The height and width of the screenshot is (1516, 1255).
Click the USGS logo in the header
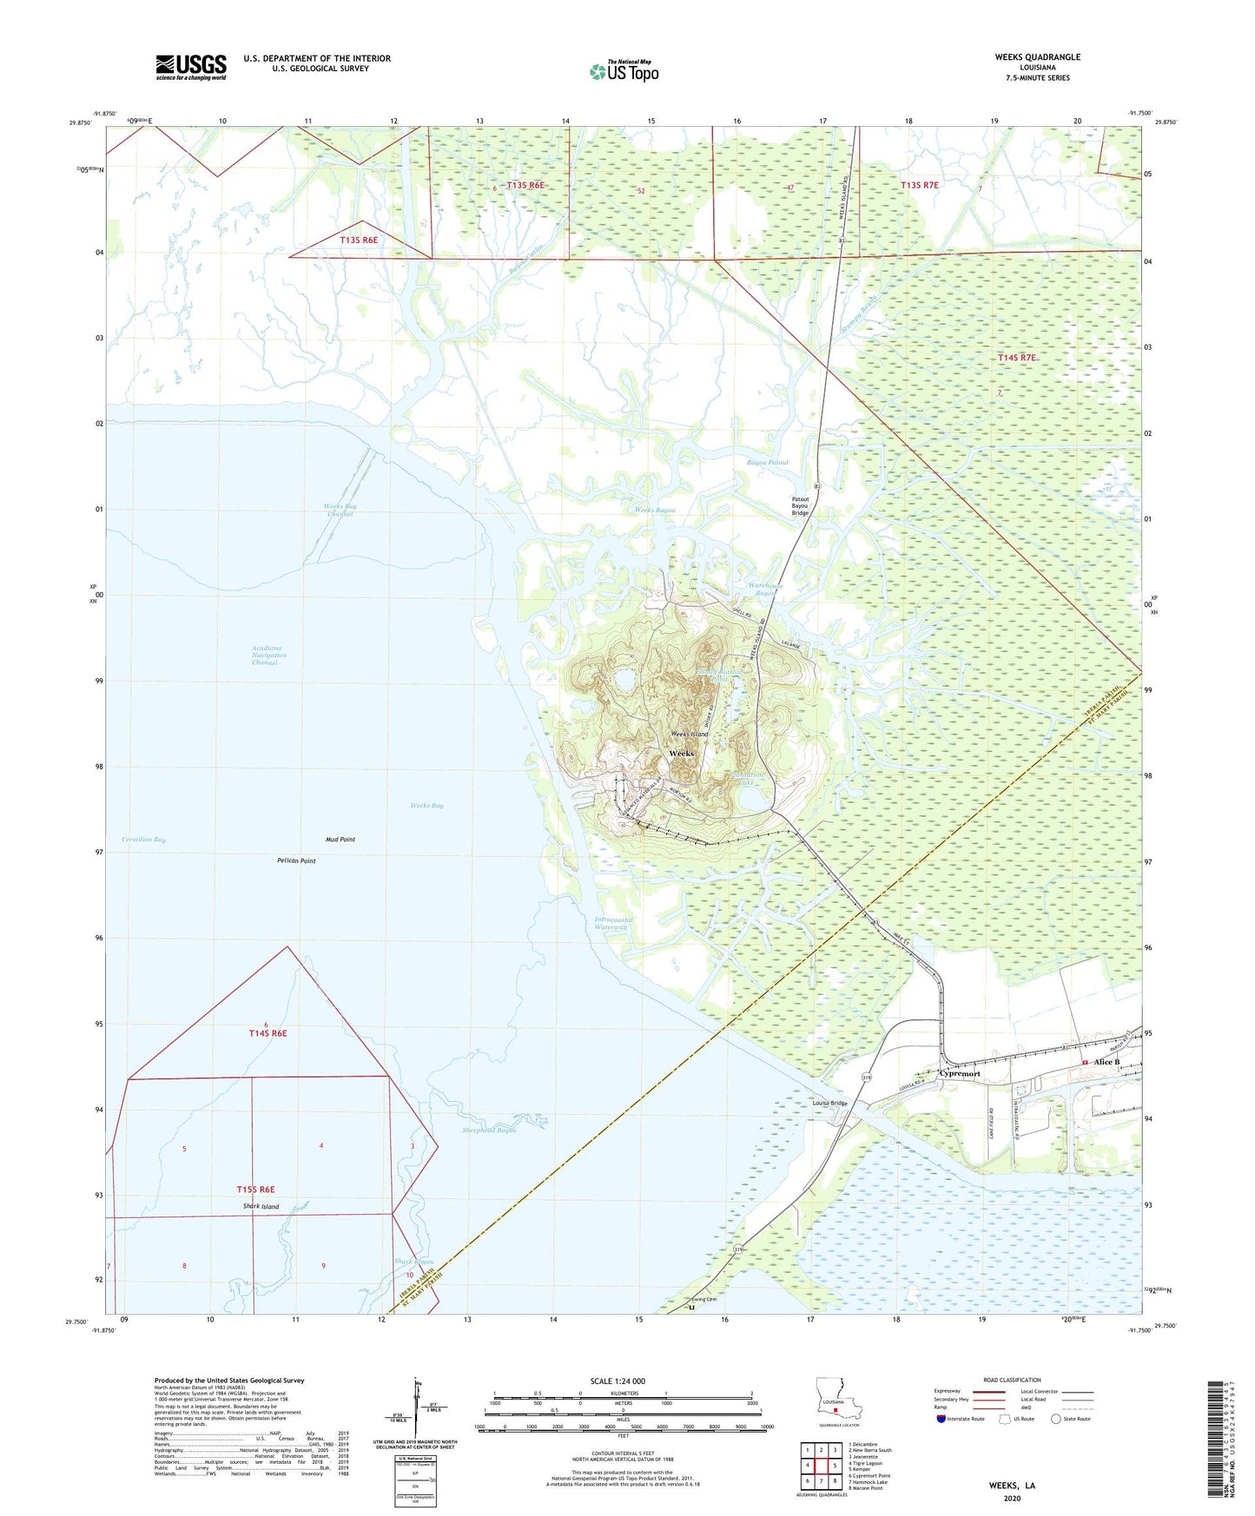click(x=191, y=67)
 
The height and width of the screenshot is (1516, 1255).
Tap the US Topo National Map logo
click(x=624, y=70)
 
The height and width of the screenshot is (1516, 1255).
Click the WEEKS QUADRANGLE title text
click(x=1037, y=57)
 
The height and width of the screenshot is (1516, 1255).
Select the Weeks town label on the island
click(x=681, y=753)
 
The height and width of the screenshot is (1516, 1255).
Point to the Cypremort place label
click(x=960, y=1073)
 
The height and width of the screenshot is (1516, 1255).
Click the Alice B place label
click(x=1106, y=1062)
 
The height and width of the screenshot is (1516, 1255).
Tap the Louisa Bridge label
click(x=829, y=1103)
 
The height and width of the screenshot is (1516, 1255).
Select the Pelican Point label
click(x=296, y=860)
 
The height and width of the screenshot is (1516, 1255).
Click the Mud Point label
click(x=340, y=840)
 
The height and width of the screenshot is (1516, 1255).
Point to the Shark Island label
click(x=261, y=1207)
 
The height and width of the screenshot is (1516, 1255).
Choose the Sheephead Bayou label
click(x=489, y=1130)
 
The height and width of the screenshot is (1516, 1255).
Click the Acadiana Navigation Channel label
click(x=264, y=655)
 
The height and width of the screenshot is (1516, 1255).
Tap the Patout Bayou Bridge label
click(x=800, y=505)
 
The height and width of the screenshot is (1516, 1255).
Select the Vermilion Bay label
click(x=143, y=839)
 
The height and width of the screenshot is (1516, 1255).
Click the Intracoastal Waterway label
click(x=611, y=923)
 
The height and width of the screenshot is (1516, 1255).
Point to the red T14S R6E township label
click(x=268, y=1033)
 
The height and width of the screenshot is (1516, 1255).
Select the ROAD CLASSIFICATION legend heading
click(x=1012, y=1380)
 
